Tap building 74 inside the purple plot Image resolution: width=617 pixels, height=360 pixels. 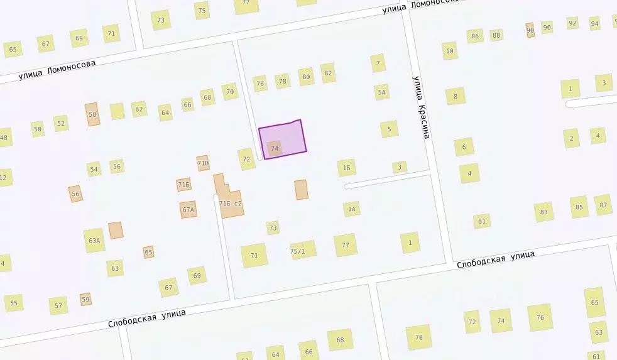click(274, 149)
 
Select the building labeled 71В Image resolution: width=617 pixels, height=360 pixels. click(202, 163)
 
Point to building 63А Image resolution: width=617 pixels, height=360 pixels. click(95, 240)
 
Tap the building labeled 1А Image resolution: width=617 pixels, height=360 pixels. click(352, 209)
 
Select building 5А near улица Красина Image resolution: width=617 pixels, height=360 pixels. click(381, 92)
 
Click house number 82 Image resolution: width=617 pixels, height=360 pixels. click(327, 73)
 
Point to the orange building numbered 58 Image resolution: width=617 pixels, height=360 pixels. click(92, 114)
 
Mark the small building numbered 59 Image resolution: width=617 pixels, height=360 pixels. click(86, 300)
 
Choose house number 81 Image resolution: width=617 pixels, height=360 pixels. click(482, 221)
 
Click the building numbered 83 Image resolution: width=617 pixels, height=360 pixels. click(543, 212)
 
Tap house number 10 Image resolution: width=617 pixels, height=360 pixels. click(449, 51)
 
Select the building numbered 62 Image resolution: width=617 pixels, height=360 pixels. click(139, 109)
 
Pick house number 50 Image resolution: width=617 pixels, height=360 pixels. click(38, 129)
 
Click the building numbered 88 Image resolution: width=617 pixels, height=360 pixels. click(496, 35)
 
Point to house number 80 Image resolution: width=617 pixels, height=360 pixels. click(306, 77)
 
